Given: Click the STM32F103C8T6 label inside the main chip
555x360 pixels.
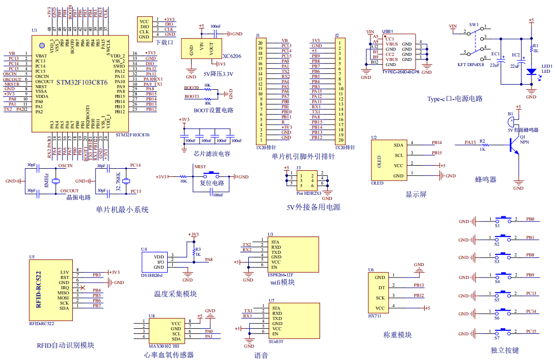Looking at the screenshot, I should pyautogui.click(x=82, y=82).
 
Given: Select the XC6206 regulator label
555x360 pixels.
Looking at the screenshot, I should pyautogui.click(x=232, y=56).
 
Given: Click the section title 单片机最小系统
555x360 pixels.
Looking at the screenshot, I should pyautogui.click(x=122, y=210).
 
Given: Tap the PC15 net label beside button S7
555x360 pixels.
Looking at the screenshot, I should pyautogui.click(x=531, y=331).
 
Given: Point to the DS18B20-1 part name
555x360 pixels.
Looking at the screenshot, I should pyautogui.click(x=152, y=275).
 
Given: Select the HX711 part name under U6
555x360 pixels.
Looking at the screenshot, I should pyautogui.click(x=374, y=316).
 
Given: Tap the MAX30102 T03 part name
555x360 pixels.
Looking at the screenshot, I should pyautogui.click(x=161, y=346).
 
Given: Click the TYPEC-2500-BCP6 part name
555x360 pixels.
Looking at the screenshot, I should pyautogui.click(x=401, y=72).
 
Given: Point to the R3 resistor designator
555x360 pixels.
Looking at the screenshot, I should pyautogui.click(x=198, y=249).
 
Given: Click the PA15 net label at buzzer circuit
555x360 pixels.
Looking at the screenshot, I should pyautogui.click(x=470, y=142).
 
